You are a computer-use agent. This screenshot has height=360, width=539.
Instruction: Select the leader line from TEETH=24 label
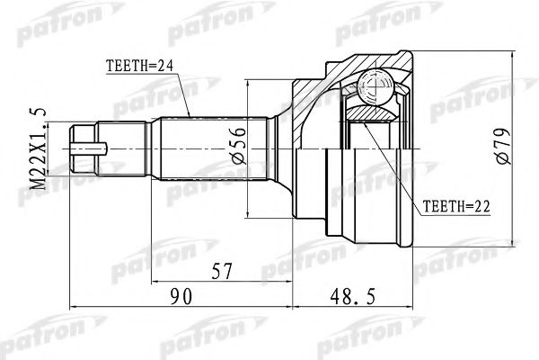[x=180, y=85]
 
